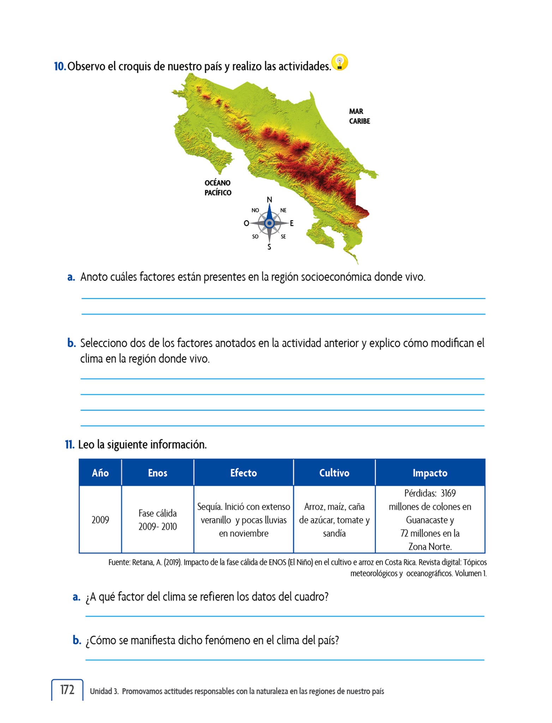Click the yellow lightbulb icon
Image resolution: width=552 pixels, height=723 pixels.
point(340,62)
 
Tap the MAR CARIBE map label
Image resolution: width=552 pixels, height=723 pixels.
point(359,116)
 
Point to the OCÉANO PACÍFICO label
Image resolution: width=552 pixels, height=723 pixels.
point(218,188)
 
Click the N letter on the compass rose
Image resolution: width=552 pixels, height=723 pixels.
point(269,200)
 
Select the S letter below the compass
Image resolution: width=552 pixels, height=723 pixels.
point(269,247)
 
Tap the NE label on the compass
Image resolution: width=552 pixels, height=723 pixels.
point(283,210)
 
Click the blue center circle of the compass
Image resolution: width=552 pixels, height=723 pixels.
point(269,223)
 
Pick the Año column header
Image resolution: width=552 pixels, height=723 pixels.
point(100,473)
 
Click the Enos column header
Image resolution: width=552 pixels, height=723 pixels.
point(157,473)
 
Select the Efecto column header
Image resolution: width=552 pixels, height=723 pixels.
point(244,473)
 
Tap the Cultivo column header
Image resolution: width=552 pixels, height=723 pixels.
point(334,473)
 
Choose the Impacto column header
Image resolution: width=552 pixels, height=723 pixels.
point(430,473)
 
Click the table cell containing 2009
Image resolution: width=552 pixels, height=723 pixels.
point(100,520)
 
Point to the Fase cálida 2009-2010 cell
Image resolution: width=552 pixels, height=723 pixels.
point(157,520)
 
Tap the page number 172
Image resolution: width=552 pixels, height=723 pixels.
point(67,689)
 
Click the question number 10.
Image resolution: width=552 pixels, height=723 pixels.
point(60,66)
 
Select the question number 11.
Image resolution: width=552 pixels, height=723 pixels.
point(70,444)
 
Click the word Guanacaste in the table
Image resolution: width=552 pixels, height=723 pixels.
point(426,520)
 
